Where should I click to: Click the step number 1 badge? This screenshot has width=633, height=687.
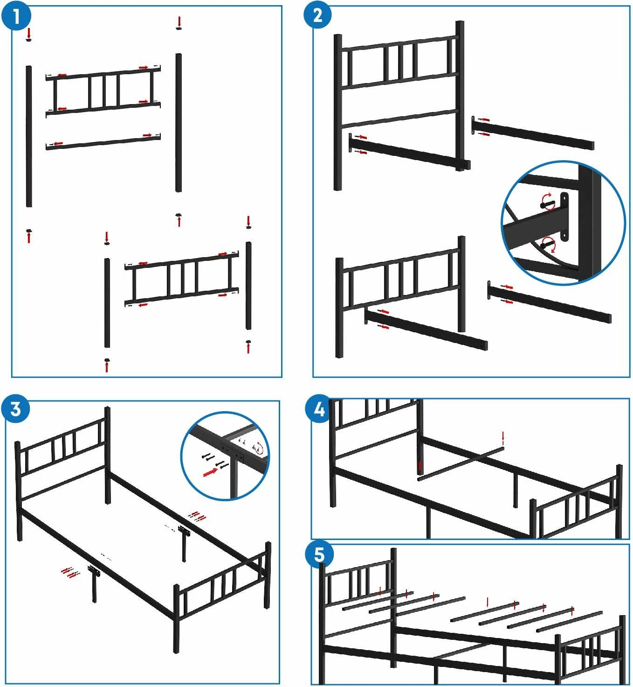[x=16, y=15]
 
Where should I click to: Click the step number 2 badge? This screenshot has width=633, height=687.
[x=317, y=15]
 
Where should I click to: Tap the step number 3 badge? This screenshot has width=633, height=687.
[x=15, y=409]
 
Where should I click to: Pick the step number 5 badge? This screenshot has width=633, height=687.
[x=319, y=554]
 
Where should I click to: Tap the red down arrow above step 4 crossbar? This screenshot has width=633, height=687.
[x=503, y=435]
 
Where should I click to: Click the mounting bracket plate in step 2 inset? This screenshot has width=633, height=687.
[x=564, y=217]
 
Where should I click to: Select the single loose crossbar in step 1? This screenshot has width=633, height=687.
[x=103, y=142]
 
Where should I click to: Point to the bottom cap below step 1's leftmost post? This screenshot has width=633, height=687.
[x=29, y=231]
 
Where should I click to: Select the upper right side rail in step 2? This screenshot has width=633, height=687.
[x=533, y=133]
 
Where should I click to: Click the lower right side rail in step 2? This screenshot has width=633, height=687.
[x=550, y=302]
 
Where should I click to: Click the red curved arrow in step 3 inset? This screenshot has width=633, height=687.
[x=259, y=449]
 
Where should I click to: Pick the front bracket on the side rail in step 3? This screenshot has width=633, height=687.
[x=94, y=570]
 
